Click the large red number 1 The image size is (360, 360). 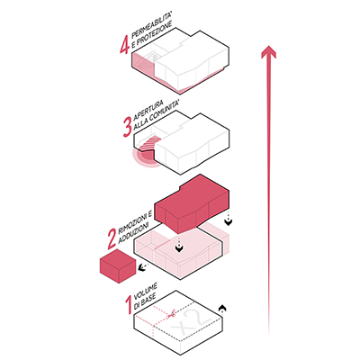coord(129,305)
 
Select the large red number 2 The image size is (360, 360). coord(112,239)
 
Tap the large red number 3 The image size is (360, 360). coord(127,127)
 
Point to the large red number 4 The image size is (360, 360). coord(124,44)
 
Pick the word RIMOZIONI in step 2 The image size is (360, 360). coord(135,220)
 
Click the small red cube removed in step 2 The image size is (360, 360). coord(118,266)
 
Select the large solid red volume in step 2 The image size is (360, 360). coord(192,204)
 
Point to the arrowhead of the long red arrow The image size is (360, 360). coord(268,52)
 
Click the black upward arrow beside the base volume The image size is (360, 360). coord(222,310)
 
